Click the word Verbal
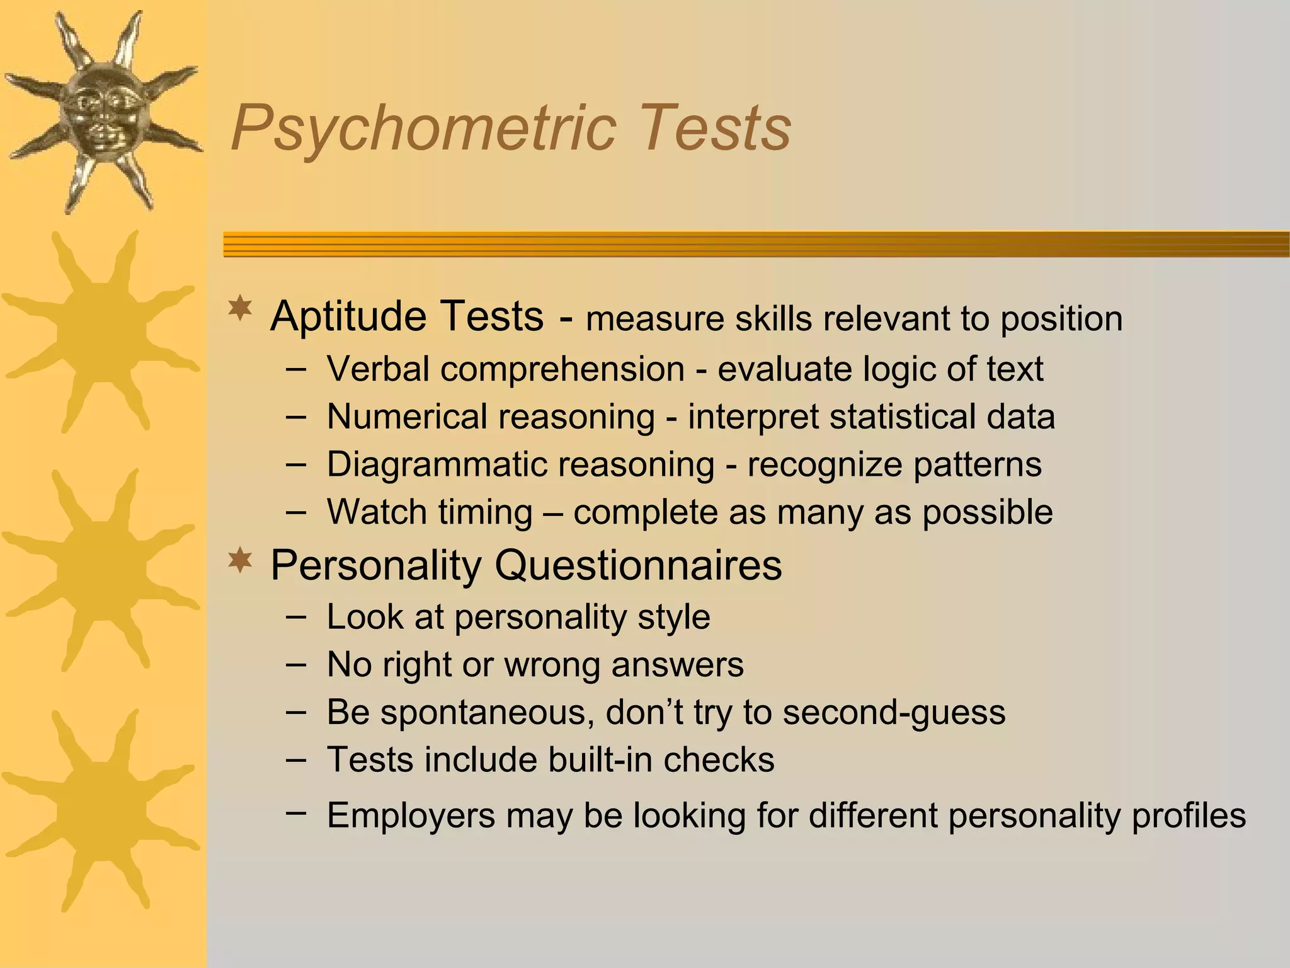click(378, 369)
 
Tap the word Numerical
click(406, 417)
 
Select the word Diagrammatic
click(437, 465)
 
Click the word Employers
click(411, 815)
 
